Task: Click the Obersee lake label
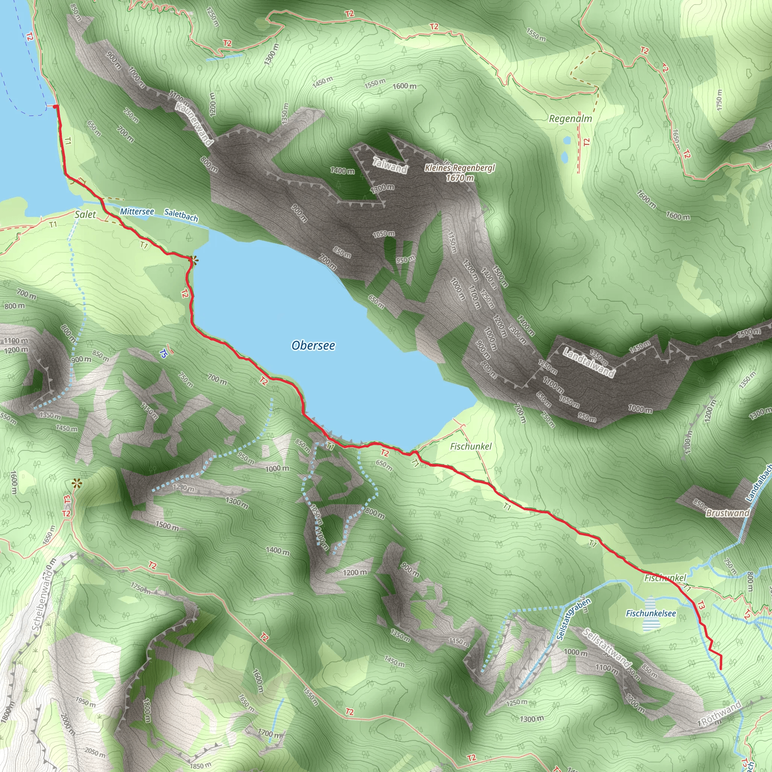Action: (x=313, y=345)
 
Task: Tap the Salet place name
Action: (x=85, y=214)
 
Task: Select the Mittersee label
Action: (x=137, y=211)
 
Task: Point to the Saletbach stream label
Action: (x=181, y=215)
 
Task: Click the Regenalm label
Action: (x=570, y=119)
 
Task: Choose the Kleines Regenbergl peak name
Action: (x=460, y=168)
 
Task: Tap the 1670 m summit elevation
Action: (x=460, y=178)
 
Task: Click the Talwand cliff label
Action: (x=390, y=165)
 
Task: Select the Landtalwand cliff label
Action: (x=588, y=362)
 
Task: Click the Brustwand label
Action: (x=727, y=513)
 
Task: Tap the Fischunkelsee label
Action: (x=651, y=613)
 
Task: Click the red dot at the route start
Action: (x=55, y=106)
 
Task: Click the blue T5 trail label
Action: (x=163, y=353)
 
